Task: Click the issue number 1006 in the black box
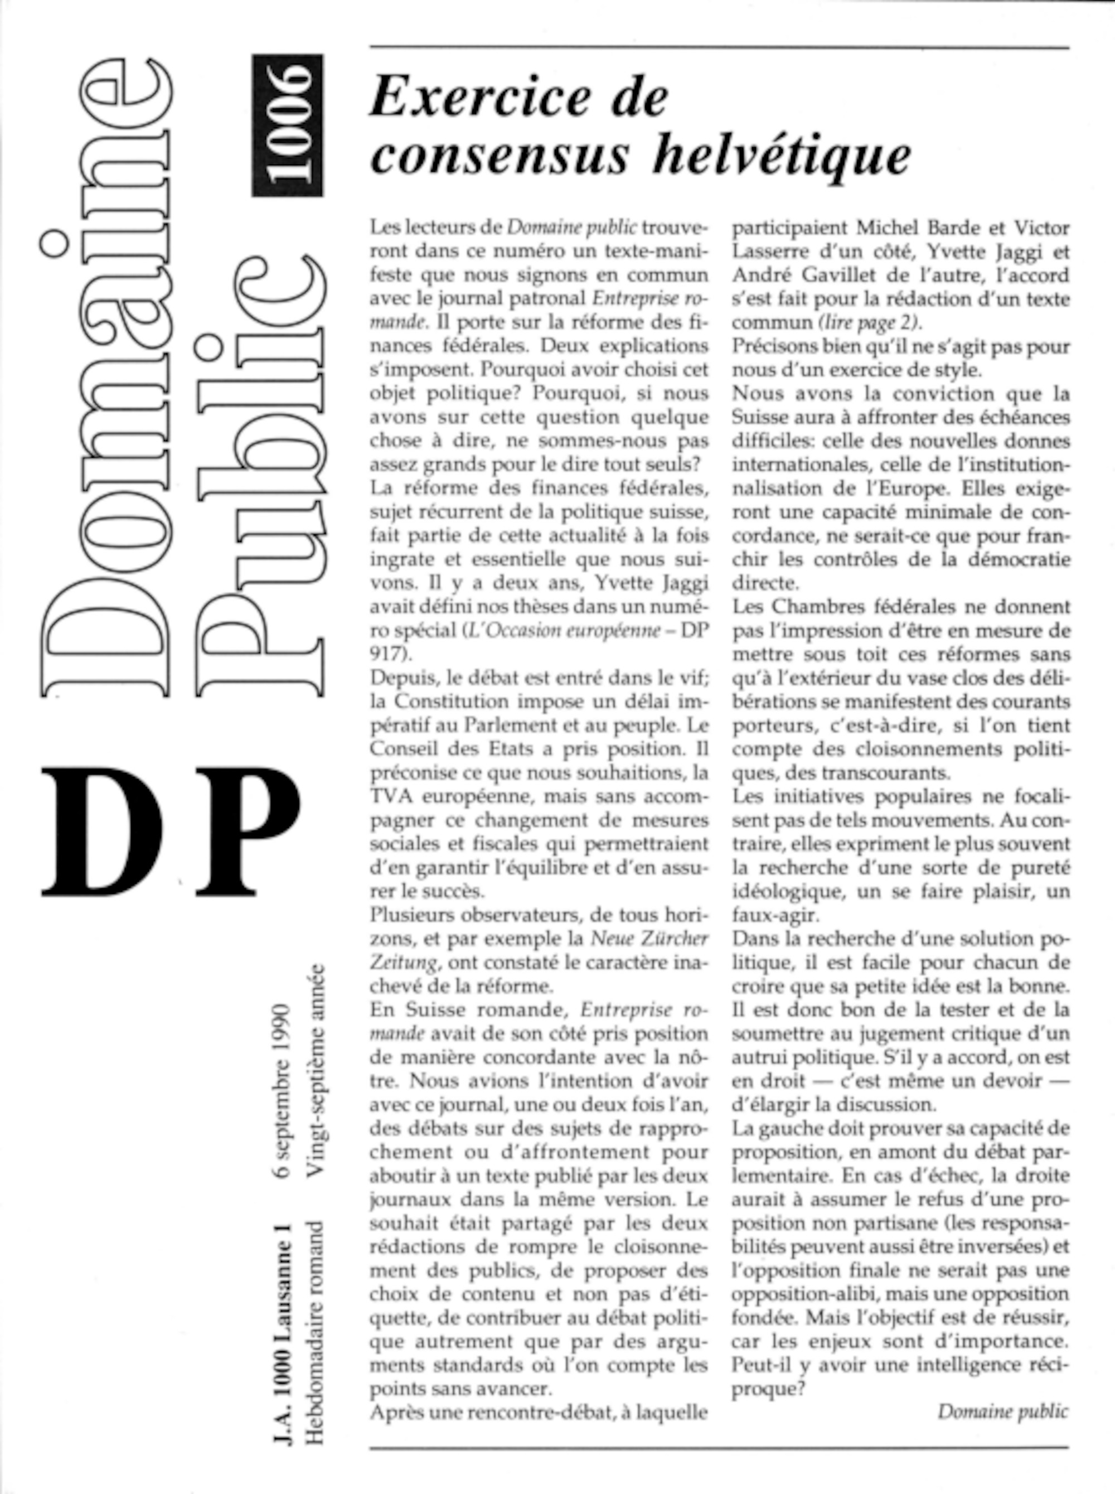[x=288, y=125]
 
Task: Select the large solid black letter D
[x=103, y=831]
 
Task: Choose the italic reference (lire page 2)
[x=869, y=323]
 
